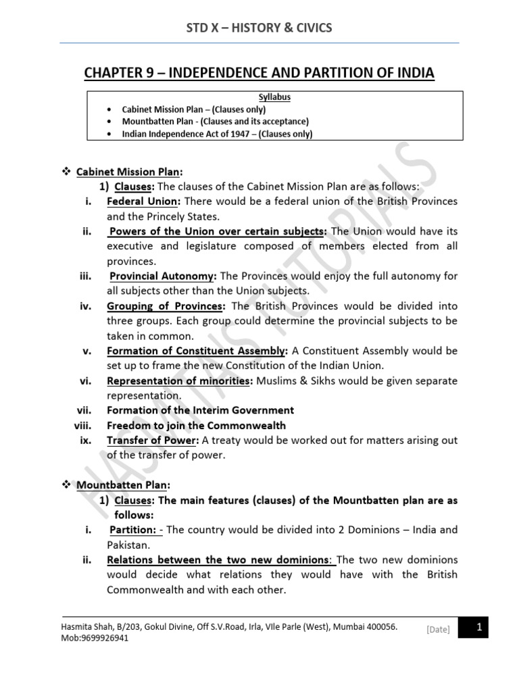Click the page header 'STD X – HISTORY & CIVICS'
259,27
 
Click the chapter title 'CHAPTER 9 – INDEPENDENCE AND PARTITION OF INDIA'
259,72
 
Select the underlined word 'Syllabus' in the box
274,97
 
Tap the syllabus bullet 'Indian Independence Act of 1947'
217,134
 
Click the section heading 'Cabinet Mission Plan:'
129,172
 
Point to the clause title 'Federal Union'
144,201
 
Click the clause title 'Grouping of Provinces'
166,305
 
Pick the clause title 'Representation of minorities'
180,380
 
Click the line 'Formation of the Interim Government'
200,410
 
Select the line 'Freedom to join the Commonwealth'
196,425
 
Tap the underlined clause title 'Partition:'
134,529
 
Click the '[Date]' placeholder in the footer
438,630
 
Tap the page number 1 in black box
478,628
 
